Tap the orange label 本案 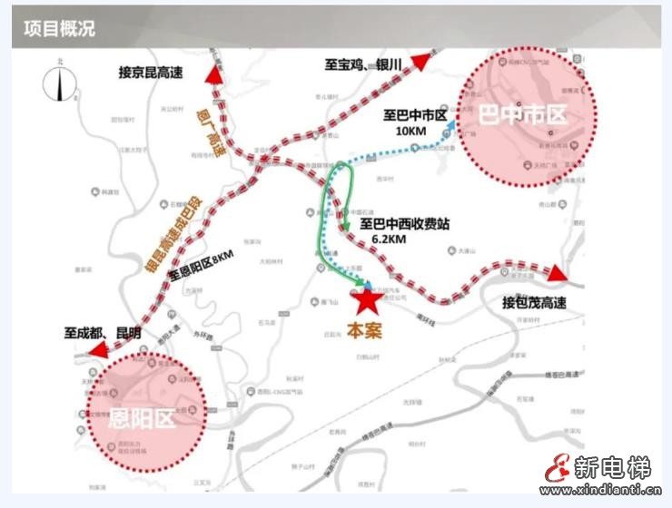click(x=363, y=330)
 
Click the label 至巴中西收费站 click(x=404, y=223)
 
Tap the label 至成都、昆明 click(x=102, y=333)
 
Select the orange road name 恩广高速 click(x=210, y=130)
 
